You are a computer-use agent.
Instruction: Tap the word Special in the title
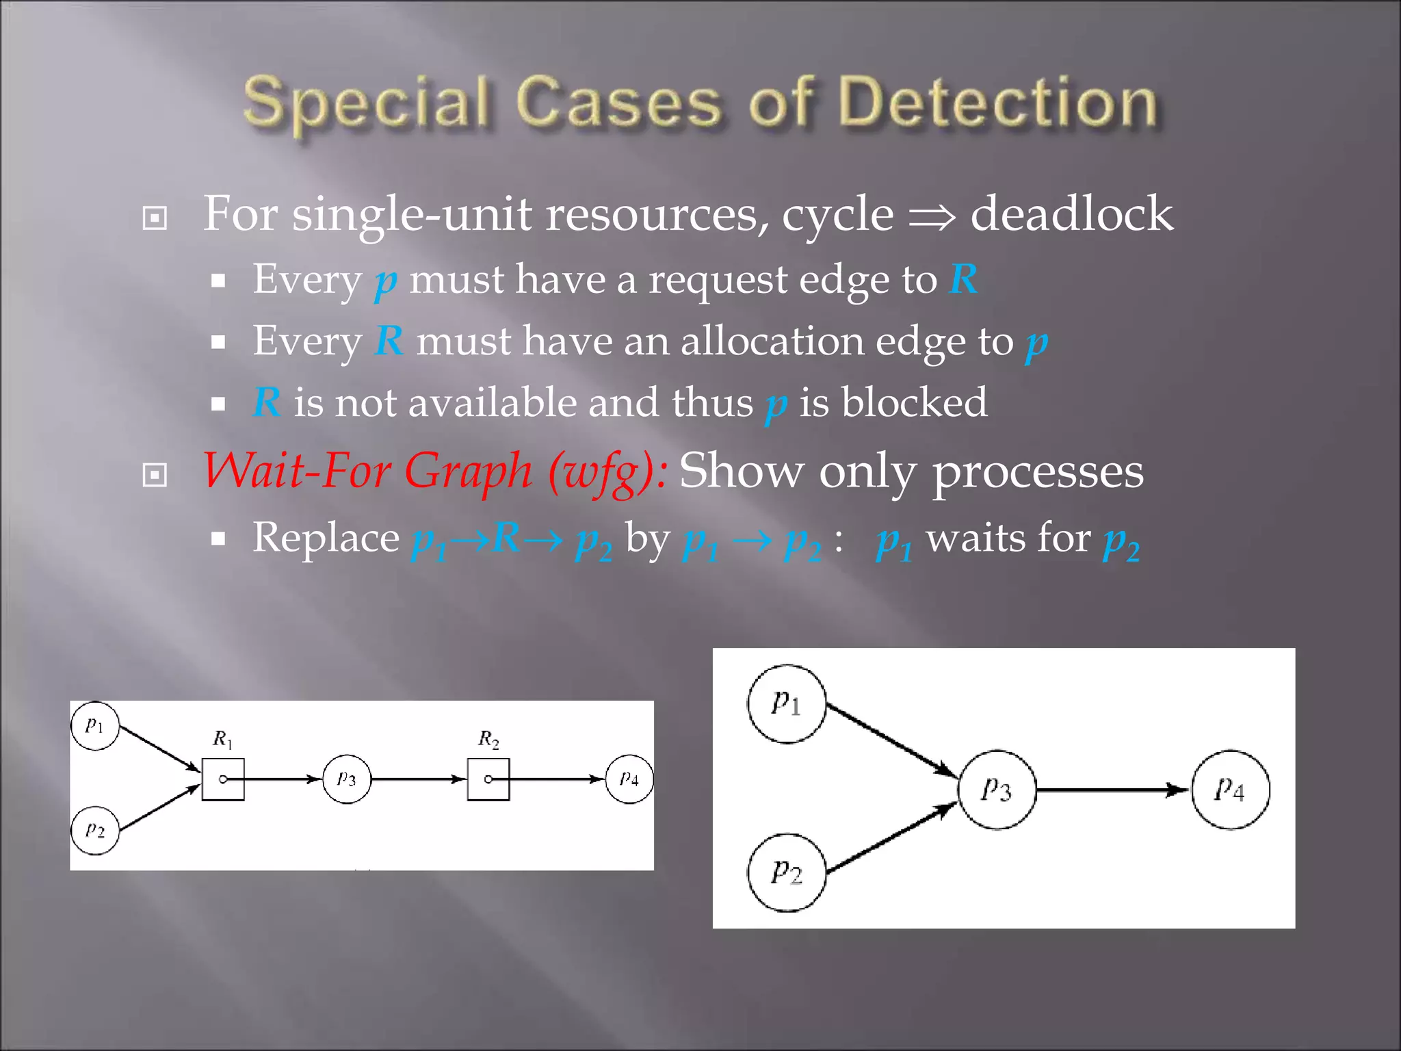click(367, 104)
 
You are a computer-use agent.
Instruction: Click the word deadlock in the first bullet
click(1071, 214)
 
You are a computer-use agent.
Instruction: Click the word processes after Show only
click(1038, 472)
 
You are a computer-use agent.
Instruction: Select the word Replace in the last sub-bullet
click(326, 538)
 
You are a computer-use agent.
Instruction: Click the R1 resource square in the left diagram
click(223, 779)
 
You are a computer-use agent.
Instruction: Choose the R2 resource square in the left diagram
click(488, 779)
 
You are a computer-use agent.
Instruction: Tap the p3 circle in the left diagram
click(347, 779)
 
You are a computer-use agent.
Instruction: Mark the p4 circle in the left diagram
click(629, 779)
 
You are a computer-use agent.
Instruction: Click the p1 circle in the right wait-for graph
click(786, 703)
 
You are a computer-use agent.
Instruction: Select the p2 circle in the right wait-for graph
click(786, 872)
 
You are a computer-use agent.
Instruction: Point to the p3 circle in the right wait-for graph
click(996, 790)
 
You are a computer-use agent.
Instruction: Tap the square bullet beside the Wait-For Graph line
click(155, 475)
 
